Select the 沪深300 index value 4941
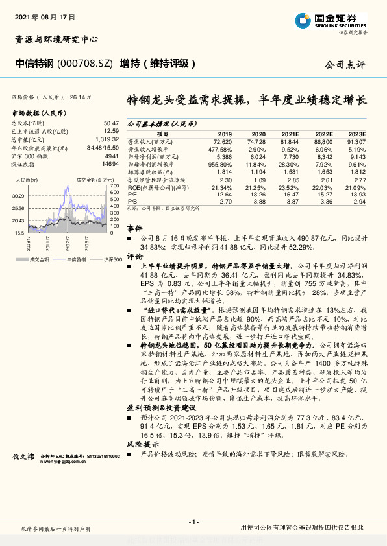[112, 156]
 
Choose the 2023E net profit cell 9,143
[356, 156]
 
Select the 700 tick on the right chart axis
[114, 184]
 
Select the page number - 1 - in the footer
[193, 522]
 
